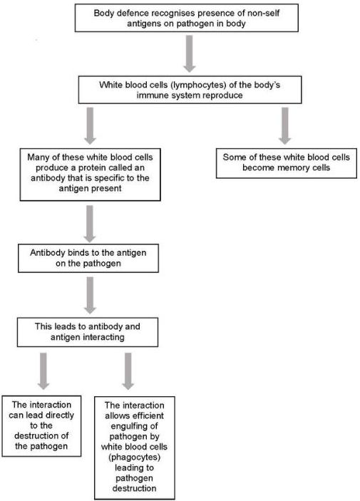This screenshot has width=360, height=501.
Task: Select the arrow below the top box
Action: tap(190, 53)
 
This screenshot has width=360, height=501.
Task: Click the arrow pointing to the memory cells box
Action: tap(284, 125)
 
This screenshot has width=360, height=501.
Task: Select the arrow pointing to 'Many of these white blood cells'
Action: tap(90, 125)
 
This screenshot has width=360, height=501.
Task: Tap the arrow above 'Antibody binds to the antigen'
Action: tap(90, 224)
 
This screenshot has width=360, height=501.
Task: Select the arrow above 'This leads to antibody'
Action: tap(90, 295)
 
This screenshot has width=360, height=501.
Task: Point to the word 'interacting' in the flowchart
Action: tap(104, 337)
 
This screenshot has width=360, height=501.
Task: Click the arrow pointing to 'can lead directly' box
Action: tap(43, 371)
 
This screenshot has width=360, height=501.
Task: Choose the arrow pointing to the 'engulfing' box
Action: tap(128, 371)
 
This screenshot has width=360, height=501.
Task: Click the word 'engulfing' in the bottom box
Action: tap(134, 426)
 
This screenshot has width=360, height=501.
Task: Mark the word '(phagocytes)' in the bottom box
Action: tap(134, 458)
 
